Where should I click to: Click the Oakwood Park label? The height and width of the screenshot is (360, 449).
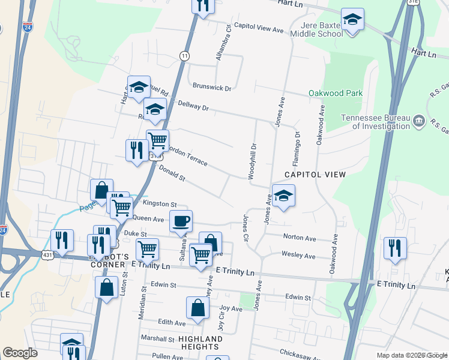(x=336, y=94)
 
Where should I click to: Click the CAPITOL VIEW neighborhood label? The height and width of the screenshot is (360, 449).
(x=315, y=175)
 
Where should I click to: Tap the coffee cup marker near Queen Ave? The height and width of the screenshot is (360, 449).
(x=181, y=221)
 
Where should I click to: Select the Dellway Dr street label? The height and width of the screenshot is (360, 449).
(x=193, y=106)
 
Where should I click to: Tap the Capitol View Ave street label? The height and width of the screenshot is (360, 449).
(x=258, y=29)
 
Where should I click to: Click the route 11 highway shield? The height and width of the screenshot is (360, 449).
(x=184, y=55)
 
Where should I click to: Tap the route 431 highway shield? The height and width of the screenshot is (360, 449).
(x=47, y=254)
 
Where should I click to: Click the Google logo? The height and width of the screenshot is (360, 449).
(x=20, y=353)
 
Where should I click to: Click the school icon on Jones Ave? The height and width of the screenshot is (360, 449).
(x=283, y=195)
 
